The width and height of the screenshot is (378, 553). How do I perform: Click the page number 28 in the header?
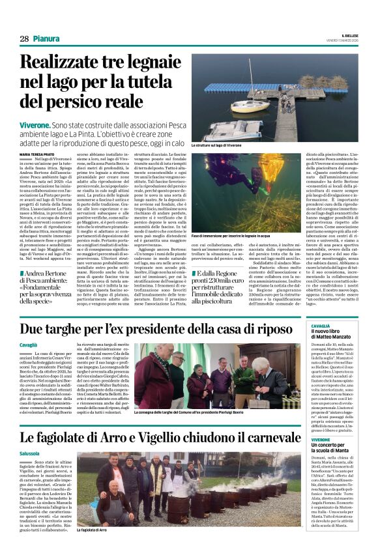pos(24,38)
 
